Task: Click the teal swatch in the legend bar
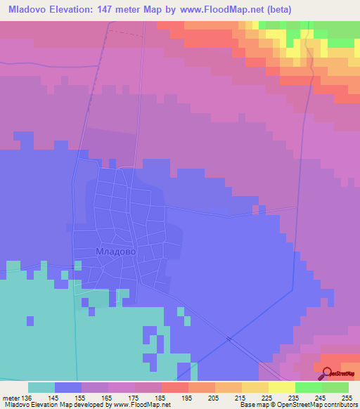coord(41,387)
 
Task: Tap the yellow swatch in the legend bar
coord(281,387)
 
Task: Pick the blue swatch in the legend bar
coord(68,387)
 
